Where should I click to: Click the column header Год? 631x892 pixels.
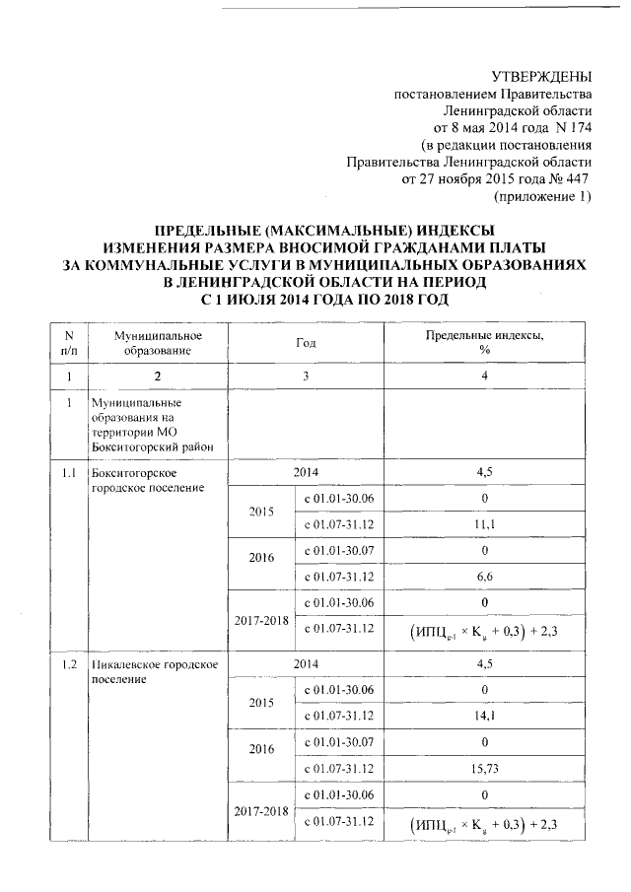[306, 343]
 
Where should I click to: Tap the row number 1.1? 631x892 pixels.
[68, 473]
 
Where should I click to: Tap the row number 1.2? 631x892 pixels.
[68, 665]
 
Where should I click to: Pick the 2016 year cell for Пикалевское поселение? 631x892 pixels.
[261, 753]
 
